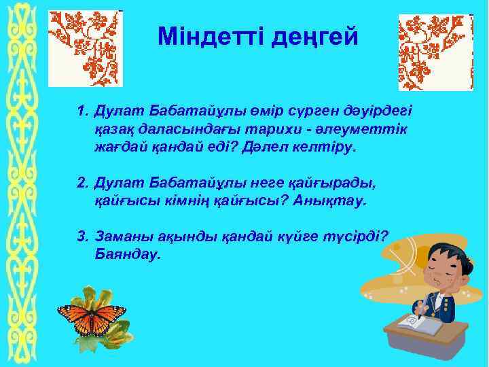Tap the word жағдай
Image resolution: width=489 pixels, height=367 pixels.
pyautogui.click(x=122, y=147)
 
